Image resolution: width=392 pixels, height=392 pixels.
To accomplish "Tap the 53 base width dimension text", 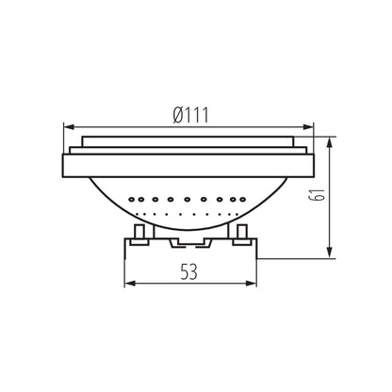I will [x=189, y=273].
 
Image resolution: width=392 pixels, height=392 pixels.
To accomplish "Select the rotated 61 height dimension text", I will [x=346, y=196].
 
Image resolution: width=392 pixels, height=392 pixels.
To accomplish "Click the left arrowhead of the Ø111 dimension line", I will [x=67, y=125].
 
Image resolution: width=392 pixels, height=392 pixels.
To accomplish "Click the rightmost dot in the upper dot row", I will [x=250, y=200].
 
